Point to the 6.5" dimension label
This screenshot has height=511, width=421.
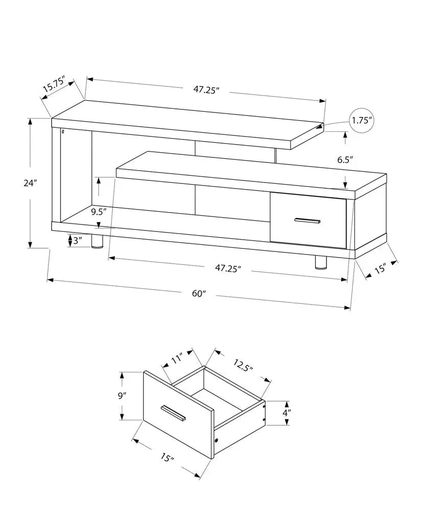345,159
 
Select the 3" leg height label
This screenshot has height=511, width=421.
77,241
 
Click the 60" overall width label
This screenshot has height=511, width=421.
199,293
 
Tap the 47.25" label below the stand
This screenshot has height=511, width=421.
228,267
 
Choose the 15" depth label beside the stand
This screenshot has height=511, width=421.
380,269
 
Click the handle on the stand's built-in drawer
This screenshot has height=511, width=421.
307,220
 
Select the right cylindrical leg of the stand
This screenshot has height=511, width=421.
321,262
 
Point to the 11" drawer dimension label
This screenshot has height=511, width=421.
177,359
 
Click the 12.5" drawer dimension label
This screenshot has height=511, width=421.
243,366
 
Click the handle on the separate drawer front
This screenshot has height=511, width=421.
173,413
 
